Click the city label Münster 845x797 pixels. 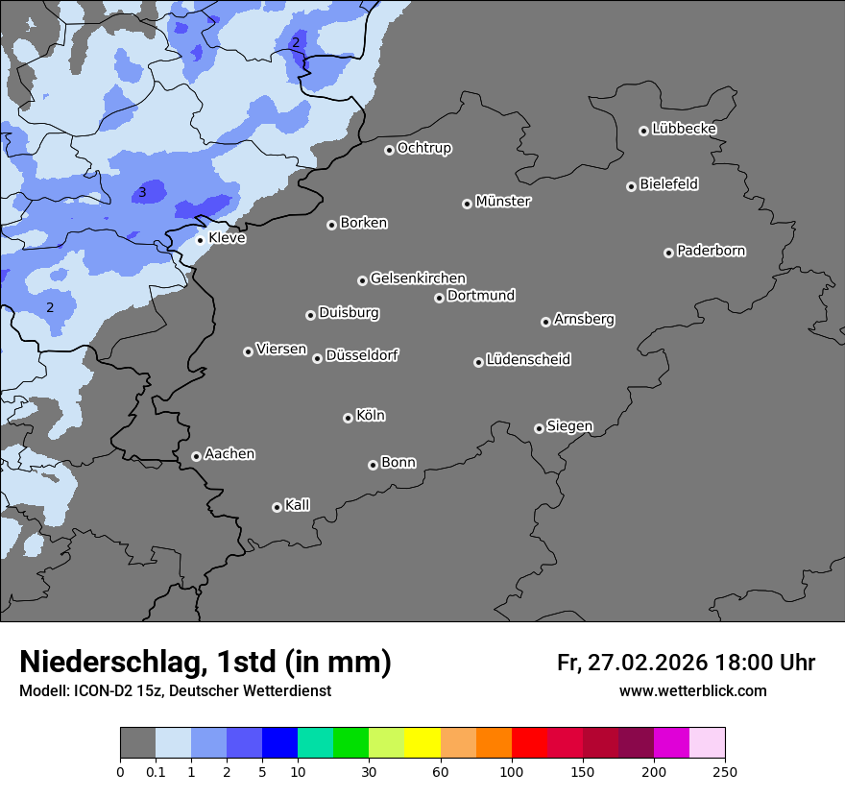[x=503, y=202]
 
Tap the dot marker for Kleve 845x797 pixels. [x=201, y=239]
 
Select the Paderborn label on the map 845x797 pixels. [x=711, y=251]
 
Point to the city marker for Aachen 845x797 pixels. [x=196, y=456]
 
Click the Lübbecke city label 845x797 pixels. [x=684, y=129]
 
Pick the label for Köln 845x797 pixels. [x=370, y=416]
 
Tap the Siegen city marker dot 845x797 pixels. [x=539, y=428]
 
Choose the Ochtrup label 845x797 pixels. [x=423, y=148]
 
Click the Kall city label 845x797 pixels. [x=297, y=505]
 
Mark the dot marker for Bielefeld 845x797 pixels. [x=631, y=186]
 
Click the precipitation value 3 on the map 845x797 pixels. [x=142, y=193]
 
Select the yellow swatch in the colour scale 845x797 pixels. [x=422, y=743]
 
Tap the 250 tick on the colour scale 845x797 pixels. [x=724, y=771]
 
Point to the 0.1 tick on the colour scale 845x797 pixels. [x=156, y=771]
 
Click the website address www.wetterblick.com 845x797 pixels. [x=692, y=690]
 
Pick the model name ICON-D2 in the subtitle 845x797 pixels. [x=101, y=690]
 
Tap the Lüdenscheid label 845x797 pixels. [x=528, y=360]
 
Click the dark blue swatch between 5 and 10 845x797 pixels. [x=279, y=743]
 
